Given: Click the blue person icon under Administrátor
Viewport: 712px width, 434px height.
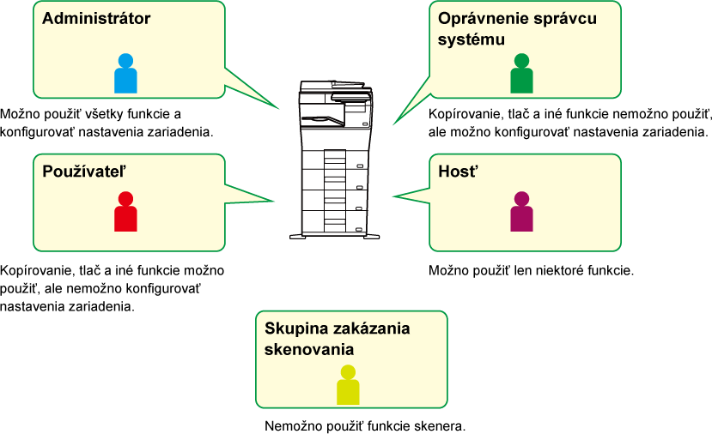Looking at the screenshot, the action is click(x=125, y=74).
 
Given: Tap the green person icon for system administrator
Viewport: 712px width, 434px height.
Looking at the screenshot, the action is click(x=521, y=74).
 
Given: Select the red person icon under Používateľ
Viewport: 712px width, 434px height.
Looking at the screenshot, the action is click(x=125, y=211).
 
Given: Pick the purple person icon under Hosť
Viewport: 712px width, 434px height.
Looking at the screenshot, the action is click(x=521, y=211).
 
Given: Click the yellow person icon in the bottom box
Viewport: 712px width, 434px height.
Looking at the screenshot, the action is click(x=348, y=385).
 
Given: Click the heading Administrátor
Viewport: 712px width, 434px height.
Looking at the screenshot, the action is click(x=96, y=19).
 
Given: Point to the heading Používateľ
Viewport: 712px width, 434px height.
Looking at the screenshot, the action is click(x=84, y=172).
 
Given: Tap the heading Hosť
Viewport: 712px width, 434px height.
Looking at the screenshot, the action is click(x=458, y=172).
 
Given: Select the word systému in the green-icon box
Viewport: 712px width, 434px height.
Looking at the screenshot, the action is click(x=472, y=39).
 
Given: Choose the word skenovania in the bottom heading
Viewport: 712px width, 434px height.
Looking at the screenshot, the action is click(x=309, y=350).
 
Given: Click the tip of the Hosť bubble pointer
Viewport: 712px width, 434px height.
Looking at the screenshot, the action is click(x=393, y=196).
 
